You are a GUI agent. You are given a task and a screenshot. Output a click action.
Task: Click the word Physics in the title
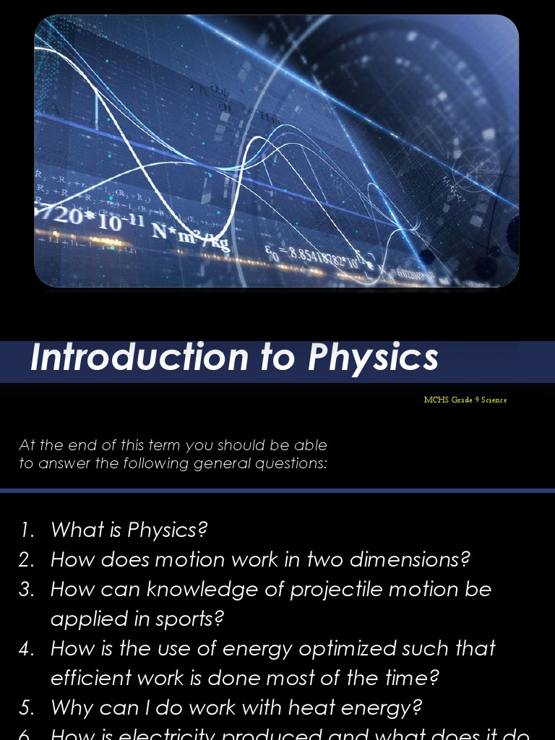click(373, 358)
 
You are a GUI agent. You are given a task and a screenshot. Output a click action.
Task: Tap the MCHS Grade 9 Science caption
click(465, 400)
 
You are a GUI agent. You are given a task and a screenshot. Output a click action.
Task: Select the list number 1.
click(27, 530)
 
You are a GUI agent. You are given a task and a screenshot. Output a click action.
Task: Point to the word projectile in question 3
click(336, 590)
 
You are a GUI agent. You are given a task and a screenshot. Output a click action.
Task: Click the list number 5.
click(27, 708)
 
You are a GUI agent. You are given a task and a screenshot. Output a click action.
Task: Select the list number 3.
click(27, 590)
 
